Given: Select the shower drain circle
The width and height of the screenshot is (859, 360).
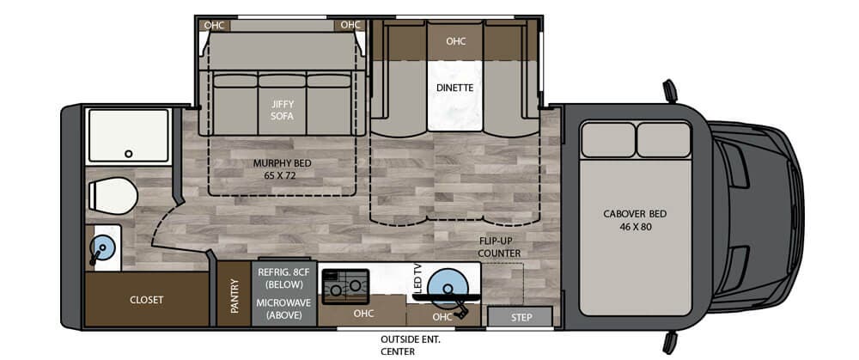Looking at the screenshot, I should (128, 154).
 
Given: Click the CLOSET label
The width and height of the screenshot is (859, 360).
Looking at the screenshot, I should (146, 300).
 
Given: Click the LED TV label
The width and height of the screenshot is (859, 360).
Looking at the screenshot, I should (417, 281).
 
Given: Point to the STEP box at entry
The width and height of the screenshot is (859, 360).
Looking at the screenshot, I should (521, 319).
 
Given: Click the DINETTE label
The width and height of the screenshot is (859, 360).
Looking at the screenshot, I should (456, 87).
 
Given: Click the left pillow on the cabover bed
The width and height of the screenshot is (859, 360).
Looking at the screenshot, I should (607, 138).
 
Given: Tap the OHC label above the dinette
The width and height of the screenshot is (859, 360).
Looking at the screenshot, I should (456, 41).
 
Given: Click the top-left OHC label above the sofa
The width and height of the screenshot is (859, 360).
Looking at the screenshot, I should (214, 25).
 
